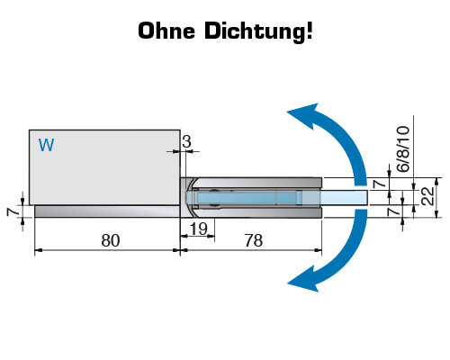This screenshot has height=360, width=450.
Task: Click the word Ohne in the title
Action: point(166,31)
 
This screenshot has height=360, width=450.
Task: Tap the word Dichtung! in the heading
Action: point(258,31)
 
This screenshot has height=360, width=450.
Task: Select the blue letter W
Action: point(46,145)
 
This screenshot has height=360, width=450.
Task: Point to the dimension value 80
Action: point(111,240)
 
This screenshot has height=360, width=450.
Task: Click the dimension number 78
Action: point(254,240)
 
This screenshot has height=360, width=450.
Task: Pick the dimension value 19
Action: point(199,229)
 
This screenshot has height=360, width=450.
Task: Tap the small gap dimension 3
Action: point(186,142)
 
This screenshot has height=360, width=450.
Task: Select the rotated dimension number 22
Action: point(428,196)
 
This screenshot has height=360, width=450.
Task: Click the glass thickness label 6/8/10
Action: point(403,149)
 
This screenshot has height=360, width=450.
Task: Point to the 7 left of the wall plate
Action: point(12,211)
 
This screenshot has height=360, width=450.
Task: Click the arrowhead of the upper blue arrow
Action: point(303,115)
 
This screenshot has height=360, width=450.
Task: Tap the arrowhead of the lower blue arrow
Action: point(303,279)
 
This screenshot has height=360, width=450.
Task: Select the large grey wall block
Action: point(104,167)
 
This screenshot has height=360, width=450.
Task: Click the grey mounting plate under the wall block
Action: point(107,211)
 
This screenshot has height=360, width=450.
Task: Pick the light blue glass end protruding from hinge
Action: point(345,197)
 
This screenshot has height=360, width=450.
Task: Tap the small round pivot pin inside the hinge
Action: point(214,197)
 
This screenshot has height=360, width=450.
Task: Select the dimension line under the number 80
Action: point(107,249)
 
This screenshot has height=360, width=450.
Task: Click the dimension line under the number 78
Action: point(251,249)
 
